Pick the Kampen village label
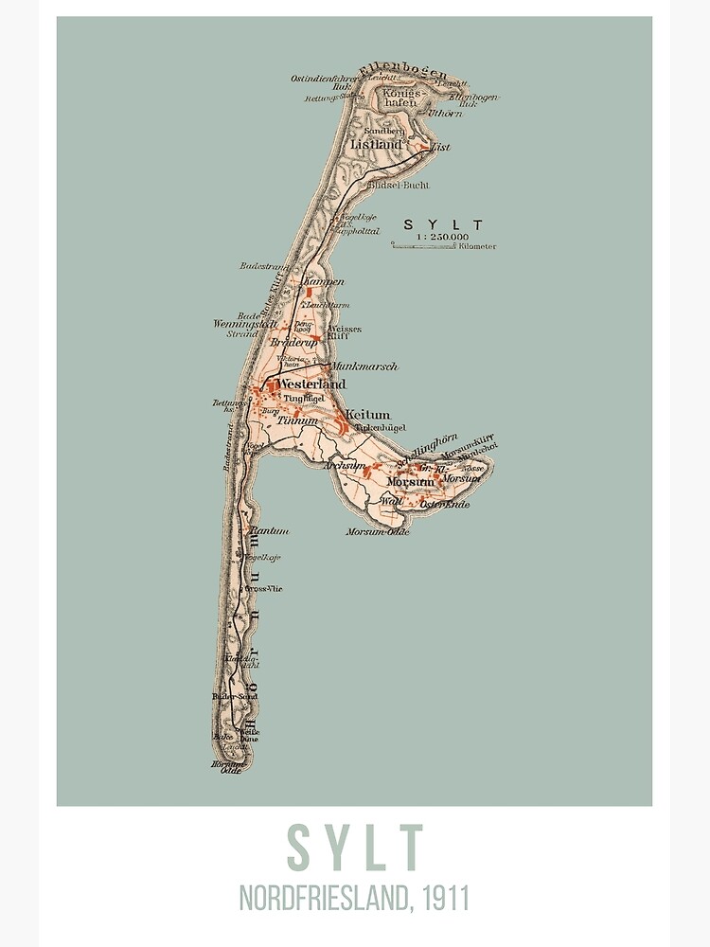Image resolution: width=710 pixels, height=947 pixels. (324, 282)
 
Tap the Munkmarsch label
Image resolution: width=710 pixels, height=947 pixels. (364, 366)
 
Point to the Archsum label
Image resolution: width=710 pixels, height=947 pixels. (345, 466)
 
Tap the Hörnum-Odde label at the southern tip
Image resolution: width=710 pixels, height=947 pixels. (227, 766)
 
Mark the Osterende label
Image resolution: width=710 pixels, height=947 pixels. (444, 505)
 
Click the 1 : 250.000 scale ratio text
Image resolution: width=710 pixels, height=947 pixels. (442, 236)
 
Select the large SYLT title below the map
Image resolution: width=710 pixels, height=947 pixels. (354, 849)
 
